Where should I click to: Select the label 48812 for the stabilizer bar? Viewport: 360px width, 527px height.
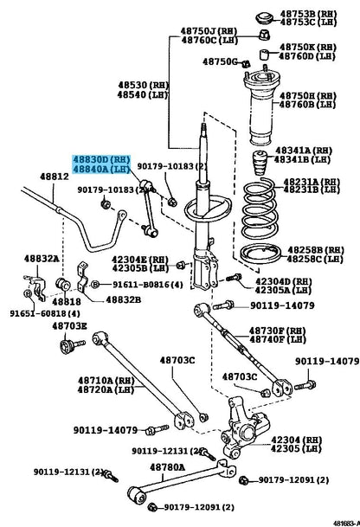tap(54, 177)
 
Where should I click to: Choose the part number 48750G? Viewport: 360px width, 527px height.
tap(219, 61)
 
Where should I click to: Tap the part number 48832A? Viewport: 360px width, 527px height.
tap(42, 258)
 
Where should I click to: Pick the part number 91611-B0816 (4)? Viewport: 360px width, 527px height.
tap(145, 283)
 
